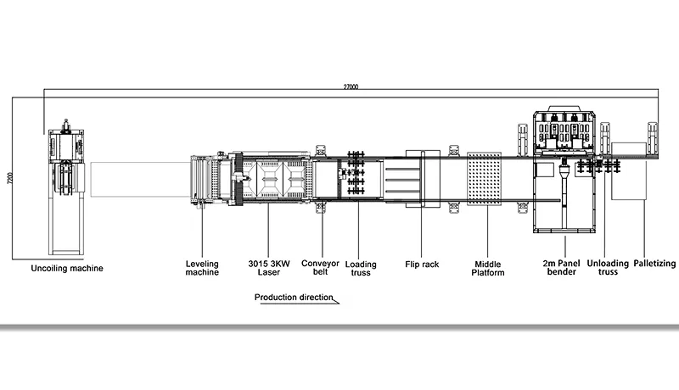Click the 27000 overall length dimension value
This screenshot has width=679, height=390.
[x=351, y=86]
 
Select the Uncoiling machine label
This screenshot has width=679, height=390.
[x=67, y=268]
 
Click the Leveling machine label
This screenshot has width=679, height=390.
[x=202, y=268]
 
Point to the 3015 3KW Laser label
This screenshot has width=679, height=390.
[x=268, y=268]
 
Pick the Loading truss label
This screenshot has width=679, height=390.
[x=361, y=268]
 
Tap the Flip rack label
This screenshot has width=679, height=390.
[x=422, y=264]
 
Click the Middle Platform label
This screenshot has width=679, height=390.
[x=489, y=268]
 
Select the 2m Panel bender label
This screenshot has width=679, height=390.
[x=562, y=268]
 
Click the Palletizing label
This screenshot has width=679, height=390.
[x=654, y=264]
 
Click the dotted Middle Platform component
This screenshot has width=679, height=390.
[x=486, y=185]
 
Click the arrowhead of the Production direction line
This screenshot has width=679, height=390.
[x=336, y=301]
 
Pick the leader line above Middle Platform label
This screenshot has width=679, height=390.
[x=489, y=237]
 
